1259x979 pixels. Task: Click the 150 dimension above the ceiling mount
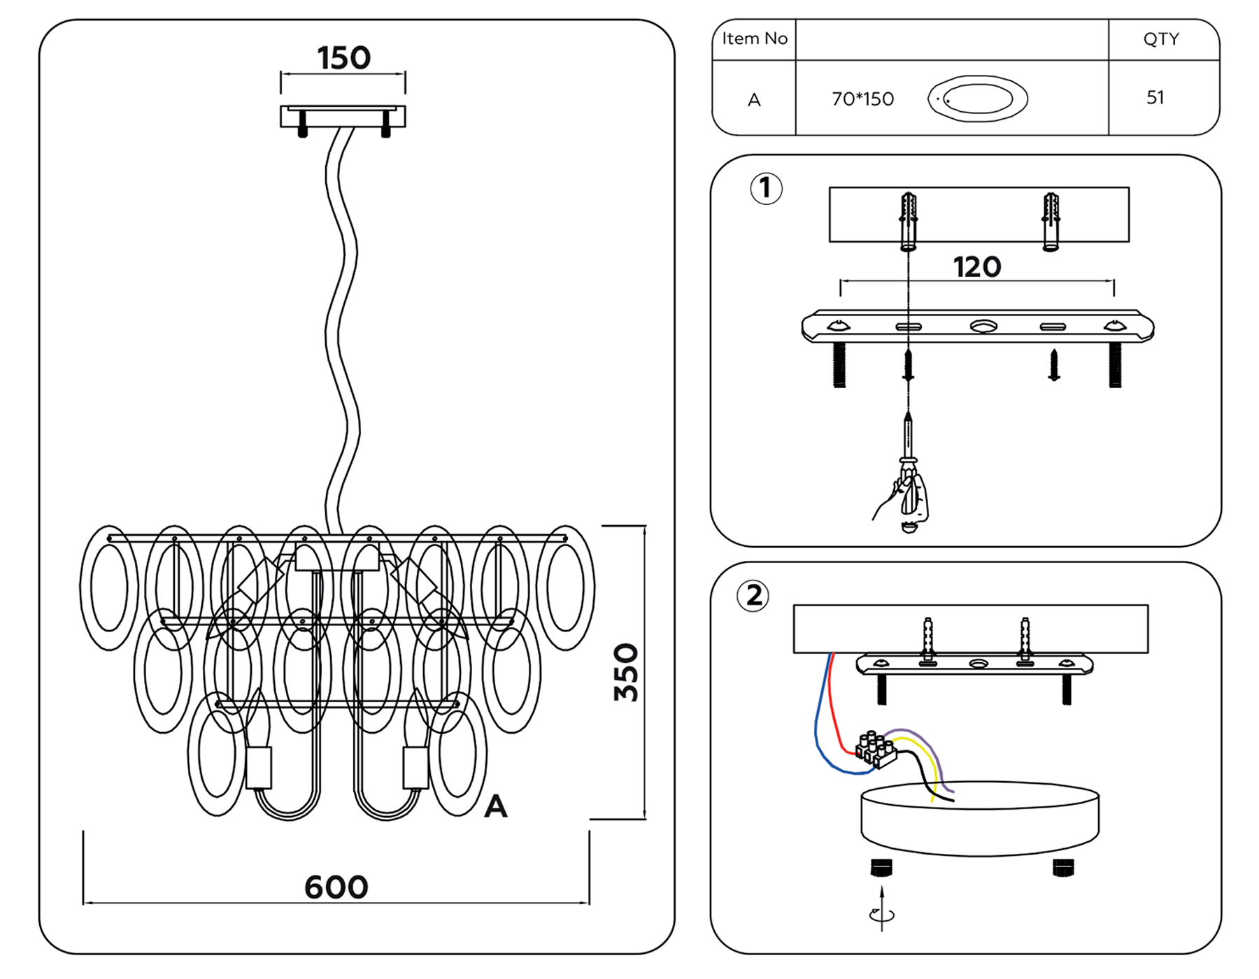tap(343, 58)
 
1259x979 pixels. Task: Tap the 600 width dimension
tap(336, 887)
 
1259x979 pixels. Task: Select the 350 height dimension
tap(626, 672)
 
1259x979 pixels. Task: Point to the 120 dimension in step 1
tap(976, 267)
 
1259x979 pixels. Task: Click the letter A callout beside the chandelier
tap(496, 806)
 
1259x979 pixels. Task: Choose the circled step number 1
tap(766, 188)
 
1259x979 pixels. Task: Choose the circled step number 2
tap(753, 596)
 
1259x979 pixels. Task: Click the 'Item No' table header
tap(755, 39)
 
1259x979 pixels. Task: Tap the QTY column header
tap(1161, 39)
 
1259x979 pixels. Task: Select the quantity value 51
tap(1155, 98)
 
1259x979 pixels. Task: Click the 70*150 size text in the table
tap(862, 99)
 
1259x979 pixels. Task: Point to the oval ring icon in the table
tap(978, 99)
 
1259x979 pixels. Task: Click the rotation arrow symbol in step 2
tap(882, 913)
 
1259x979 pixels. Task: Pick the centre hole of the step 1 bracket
tap(983, 327)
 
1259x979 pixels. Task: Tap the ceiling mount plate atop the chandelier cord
tap(343, 116)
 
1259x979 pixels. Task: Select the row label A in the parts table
tap(754, 100)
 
